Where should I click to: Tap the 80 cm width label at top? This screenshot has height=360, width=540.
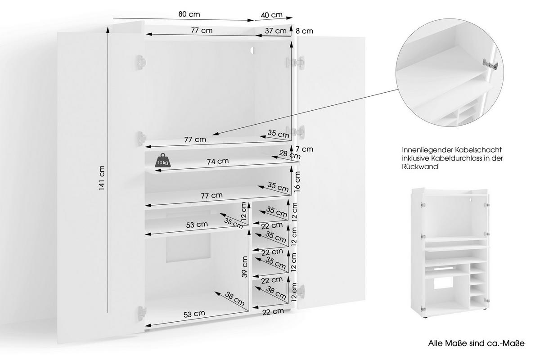tap(189, 14)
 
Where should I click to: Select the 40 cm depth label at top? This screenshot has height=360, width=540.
tap(271, 14)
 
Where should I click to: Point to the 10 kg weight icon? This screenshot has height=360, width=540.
tap(162, 161)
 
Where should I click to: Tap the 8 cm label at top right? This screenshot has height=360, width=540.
tap(304, 31)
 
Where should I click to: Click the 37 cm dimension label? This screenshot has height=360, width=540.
tap(275, 31)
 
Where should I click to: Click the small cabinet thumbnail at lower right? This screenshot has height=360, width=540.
tap(451, 252)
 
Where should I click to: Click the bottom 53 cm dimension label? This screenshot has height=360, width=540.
tap(194, 313)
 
